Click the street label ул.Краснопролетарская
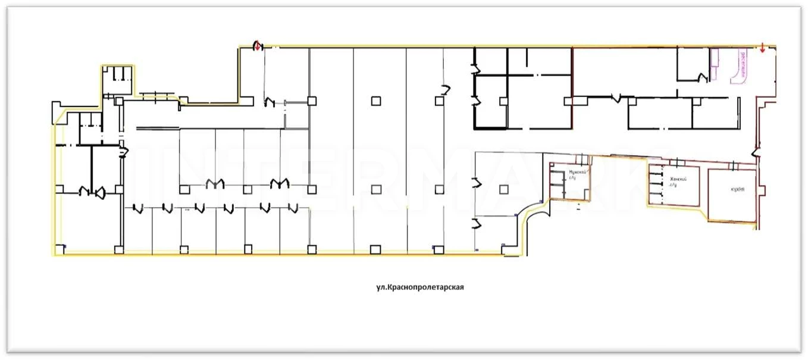pyautogui.click(x=419, y=287)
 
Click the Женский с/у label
pyautogui.click(x=678, y=181)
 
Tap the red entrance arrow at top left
pyautogui.click(x=258, y=45)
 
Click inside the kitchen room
pyautogui.click(x=732, y=202)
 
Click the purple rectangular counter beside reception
pyautogui.click(x=716, y=64)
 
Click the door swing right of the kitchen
pyautogui.click(x=756, y=153)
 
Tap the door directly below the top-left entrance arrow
pyautogui.click(x=270, y=102)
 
